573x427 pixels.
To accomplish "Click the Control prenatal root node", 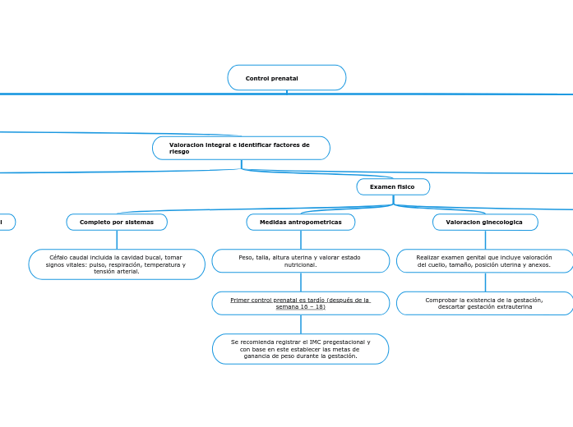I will (286, 78).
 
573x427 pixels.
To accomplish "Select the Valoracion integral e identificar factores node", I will (241, 148).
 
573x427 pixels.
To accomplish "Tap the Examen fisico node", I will (393, 187).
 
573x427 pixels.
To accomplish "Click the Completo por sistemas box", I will (117, 223).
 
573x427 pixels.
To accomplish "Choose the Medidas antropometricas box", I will (301, 223).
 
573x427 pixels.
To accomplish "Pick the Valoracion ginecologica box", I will (485, 223).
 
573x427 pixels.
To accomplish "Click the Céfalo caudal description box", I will (117, 264).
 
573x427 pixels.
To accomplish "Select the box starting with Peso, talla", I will (301, 261).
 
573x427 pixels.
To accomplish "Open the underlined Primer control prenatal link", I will (301, 303).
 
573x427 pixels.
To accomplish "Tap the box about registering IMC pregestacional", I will (301, 349).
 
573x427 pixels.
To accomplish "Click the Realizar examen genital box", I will (485, 261).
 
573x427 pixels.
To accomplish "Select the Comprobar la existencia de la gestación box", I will (485, 303).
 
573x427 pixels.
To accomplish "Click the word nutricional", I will (301, 265).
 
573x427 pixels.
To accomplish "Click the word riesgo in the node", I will (179, 152).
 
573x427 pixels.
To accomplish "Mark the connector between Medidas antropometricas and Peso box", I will (301, 240).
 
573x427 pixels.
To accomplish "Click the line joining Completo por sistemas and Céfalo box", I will (117, 240).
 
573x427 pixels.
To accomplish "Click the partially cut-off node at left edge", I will (7, 223).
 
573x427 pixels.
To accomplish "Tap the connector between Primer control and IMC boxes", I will (301, 324).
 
